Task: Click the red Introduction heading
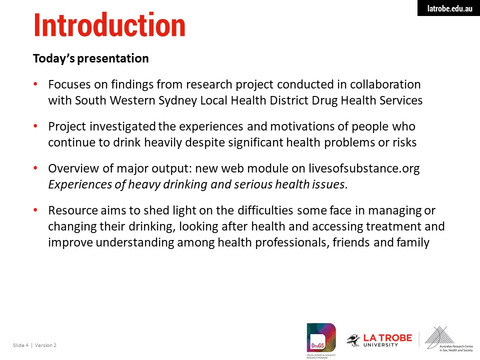point(109,25)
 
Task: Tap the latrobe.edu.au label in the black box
point(449,8)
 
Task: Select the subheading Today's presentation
point(91,58)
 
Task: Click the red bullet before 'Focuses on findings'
point(35,83)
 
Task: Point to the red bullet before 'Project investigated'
point(35,125)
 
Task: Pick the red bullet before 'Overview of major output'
point(35,167)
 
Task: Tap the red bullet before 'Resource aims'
point(35,209)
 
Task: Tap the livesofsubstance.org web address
point(364,168)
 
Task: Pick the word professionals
point(292,243)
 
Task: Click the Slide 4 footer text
point(20,345)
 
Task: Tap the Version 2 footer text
point(45,345)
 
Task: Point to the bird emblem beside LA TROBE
point(353,340)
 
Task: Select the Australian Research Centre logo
point(449,339)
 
